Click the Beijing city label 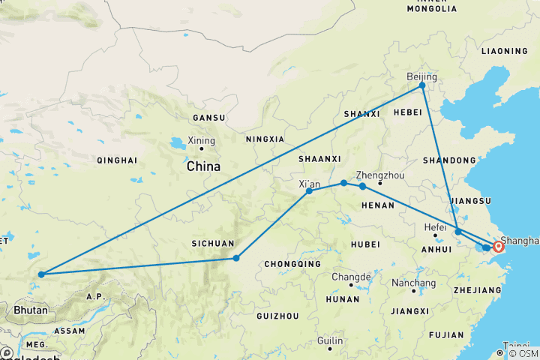click(421, 76)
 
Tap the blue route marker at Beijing click(422, 85)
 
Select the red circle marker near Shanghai click(498, 246)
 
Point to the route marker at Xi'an click(309, 191)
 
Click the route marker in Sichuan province click(236, 258)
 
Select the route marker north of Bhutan click(41, 274)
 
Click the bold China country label click(204, 166)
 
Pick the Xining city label click(202, 141)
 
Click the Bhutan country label click(30, 310)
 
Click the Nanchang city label click(413, 283)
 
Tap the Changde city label click(351, 277)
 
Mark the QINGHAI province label click(116, 160)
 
